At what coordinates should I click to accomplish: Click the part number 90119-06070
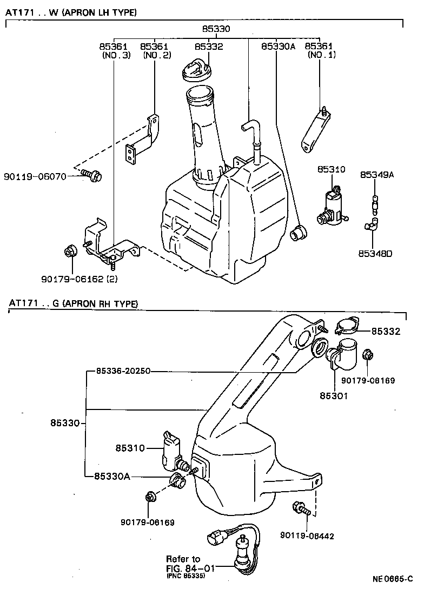[x=35, y=176]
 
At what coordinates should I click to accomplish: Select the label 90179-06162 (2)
[x=78, y=279]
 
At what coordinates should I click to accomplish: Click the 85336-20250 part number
[x=123, y=371]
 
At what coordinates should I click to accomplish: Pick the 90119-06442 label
[x=307, y=536]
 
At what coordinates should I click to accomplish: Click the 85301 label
[x=333, y=395]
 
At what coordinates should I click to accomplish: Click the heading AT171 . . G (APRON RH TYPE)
[x=73, y=304]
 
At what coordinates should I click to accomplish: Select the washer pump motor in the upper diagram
[x=331, y=207]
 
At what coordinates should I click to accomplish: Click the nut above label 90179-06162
[x=70, y=252]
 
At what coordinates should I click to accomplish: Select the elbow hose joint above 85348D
[x=373, y=224]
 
